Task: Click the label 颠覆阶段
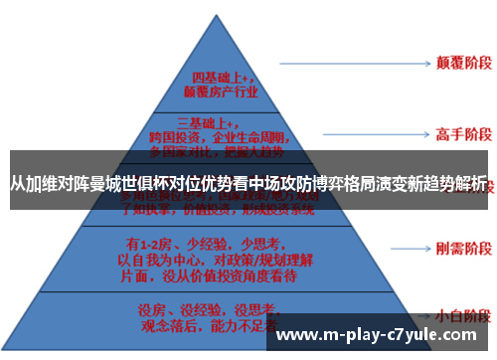point(459,60)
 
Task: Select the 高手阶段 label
point(459,132)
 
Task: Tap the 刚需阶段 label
point(459,246)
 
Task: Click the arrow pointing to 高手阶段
point(354,132)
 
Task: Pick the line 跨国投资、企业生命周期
point(221,138)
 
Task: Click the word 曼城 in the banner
point(106,184)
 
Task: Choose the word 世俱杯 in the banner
point(145,184)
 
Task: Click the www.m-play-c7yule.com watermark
point(384,336)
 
